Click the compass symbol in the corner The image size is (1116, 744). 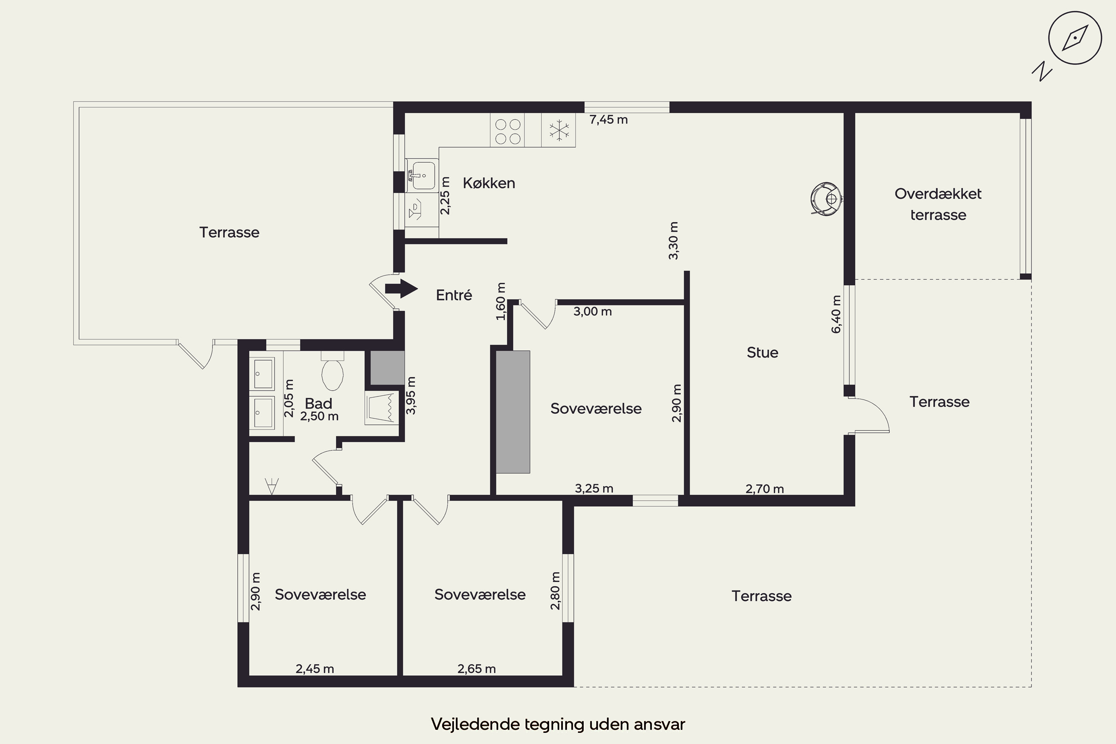(1075, 38)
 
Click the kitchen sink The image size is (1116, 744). (422, 175)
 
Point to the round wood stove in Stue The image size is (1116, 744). (826, 198)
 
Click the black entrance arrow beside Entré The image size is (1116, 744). (401, 289)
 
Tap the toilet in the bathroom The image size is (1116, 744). (332, 370)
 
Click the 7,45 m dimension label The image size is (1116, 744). (609, 119)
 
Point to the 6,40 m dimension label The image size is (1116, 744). (836, 314)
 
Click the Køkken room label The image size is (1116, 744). (489, 183)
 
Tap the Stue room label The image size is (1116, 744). (763, 353)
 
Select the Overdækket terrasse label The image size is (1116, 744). (938, 204)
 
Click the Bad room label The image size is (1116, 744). (318, 403)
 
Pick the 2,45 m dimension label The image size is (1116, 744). (315, 668)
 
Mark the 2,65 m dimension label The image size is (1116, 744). (477, 668)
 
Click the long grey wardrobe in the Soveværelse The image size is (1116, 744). (513, 412)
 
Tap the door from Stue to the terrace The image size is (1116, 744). (869, 416)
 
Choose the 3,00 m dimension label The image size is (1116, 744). (593, 312)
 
